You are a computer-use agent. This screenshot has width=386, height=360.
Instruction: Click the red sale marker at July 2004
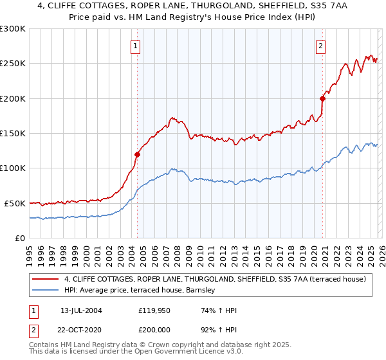tap(137, 154)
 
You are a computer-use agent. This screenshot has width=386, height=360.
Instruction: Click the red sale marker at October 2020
tap(322, 98)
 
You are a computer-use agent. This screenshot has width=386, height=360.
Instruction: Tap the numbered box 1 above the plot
tap(136, 46)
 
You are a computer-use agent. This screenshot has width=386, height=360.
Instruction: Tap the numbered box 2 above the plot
tap(320, 46)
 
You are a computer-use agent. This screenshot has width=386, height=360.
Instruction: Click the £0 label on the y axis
tap(20, 238)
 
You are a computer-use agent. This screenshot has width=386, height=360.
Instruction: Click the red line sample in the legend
tap(45, 279)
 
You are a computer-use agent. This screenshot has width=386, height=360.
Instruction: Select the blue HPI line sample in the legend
tap(45, 291)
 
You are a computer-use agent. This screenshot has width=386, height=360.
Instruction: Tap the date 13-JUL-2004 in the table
tap(81, 310)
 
